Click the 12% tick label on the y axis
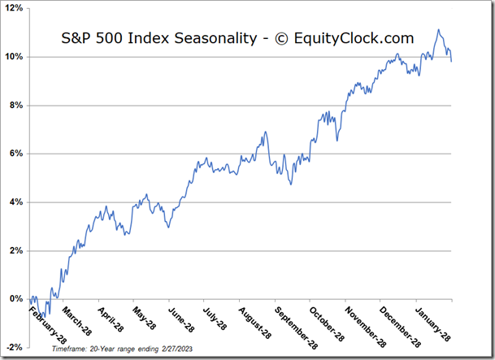pos(15,9)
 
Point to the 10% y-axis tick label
pos(15,57)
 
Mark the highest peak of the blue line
pos(438,30)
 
